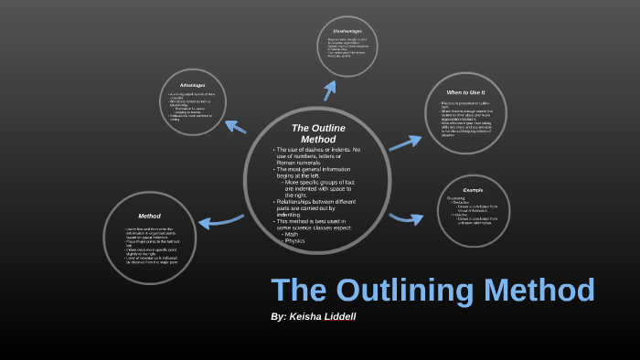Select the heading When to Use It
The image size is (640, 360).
465,93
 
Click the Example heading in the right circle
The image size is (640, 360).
473,189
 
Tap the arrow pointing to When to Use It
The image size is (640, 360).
405,142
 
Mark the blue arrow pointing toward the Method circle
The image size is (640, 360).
218,220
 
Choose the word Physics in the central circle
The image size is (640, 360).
296,242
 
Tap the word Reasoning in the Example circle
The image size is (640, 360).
458,198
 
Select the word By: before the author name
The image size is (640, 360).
279,316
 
